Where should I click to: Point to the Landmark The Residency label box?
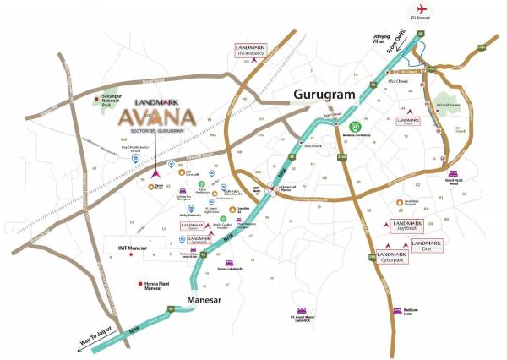pos(254,48)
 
